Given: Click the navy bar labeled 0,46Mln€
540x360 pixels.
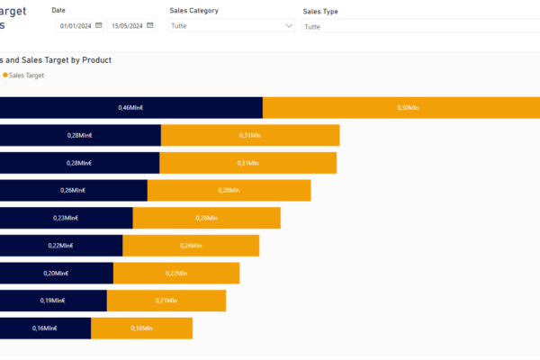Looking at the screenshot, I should coord(130,108).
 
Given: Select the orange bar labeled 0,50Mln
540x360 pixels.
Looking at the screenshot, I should coord(401,108).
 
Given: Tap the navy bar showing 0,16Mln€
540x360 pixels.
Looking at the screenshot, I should coord(45,328).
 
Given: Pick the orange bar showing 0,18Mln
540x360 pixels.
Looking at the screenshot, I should coord(141,328).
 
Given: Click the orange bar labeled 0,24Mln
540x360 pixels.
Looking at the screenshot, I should coord(191,246).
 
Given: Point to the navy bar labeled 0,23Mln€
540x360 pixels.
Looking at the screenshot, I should coord(66,218).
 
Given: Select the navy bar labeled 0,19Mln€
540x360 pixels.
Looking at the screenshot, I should coord(53,301).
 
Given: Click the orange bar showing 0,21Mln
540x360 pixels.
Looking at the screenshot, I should coord(166,301).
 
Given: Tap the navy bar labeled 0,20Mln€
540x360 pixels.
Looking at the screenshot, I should coord(56,273).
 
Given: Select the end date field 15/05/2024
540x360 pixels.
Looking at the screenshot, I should coord(127,26).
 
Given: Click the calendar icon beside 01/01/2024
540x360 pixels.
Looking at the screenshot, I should coord(98,26).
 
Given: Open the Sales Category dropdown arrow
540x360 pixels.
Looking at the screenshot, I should coord(288,26).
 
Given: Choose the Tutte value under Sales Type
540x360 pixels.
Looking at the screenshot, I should coord(313,27).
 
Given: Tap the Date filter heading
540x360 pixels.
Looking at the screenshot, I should coord(59,10).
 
